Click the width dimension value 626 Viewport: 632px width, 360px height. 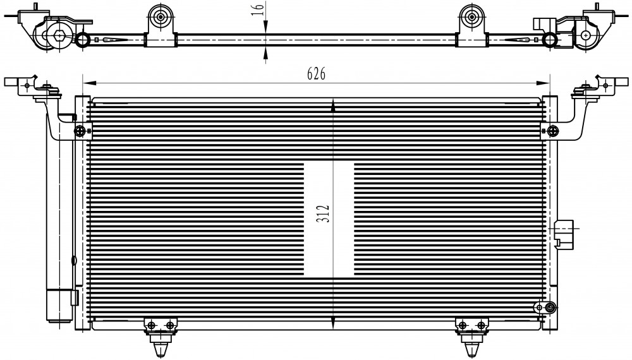(x=316, y=74)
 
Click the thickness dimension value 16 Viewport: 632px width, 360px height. (x=258, y=8)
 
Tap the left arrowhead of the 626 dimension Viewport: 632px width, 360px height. (x=89, y=83)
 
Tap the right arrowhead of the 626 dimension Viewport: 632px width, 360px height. (x=543, y=83)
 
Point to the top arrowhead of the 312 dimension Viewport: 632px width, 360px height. (x=333, y=106)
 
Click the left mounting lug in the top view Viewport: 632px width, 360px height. (x=161, y=25)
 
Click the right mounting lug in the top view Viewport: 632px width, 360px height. (x=472, y=25)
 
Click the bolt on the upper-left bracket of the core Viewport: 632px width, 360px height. (x=80, y=131)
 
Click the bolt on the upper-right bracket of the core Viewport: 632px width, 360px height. (x=553, y=131)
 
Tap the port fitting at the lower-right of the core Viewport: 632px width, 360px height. (x=550, y=308)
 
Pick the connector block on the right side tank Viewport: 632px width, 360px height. (x=564, y=234)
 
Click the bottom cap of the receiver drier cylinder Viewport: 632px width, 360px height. (x=59, y=306)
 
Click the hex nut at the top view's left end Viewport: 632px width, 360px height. (x=59, y=36)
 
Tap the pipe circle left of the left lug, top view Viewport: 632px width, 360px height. (x=83, y=39)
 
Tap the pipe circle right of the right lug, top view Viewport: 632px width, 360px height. (x=550, y=39)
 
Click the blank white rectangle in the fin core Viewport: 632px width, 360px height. (x=329, y=219)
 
